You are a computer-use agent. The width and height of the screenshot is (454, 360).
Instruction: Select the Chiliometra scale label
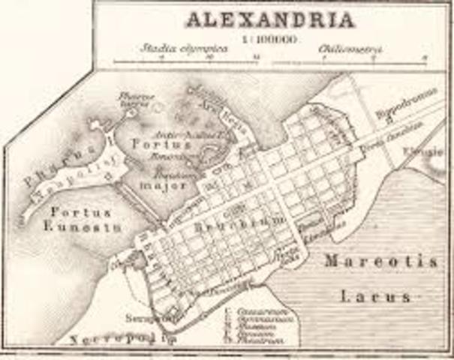tap(350, 49)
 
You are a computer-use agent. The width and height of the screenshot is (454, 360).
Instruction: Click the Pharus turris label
tap(135, 100)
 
